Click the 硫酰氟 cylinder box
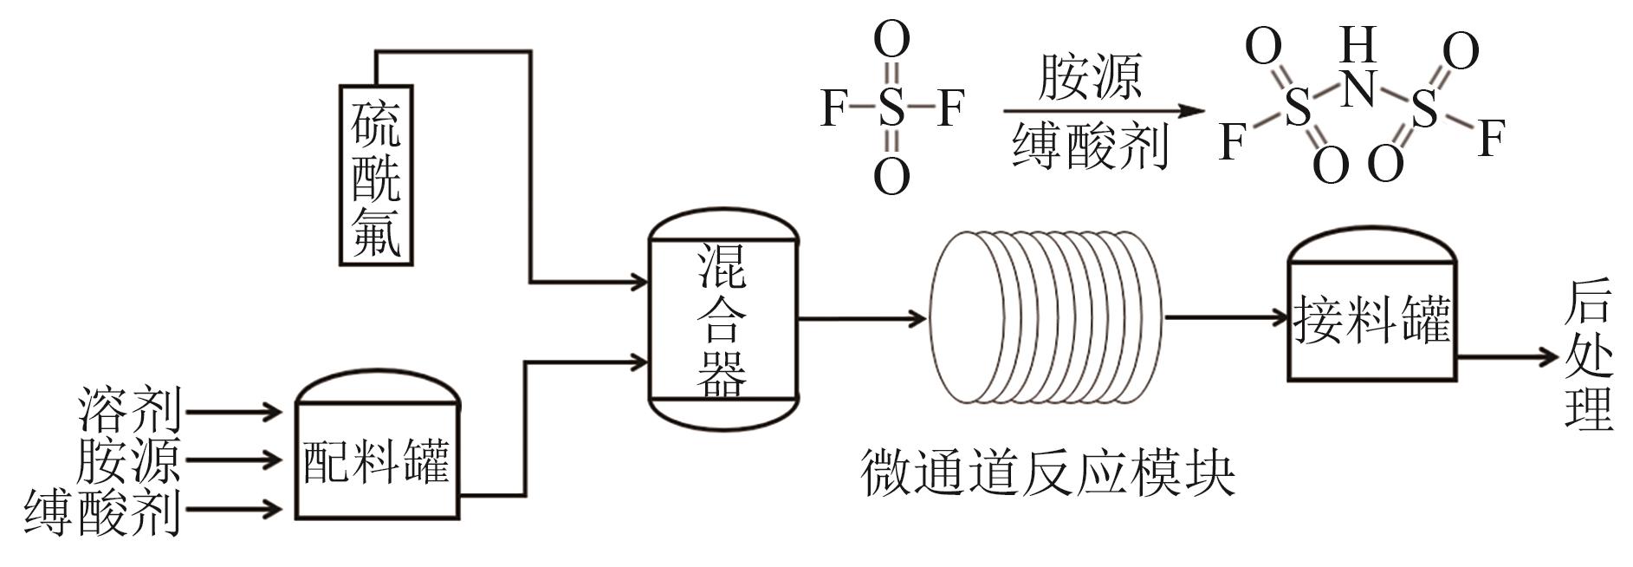pyautogui.click(x=376, y=173)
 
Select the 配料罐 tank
pyautogui.click(x=377, y=459)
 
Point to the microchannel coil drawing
pyautogui.click(x=1045, y=317)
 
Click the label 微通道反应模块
pyautogui.click(x=1047, y=473)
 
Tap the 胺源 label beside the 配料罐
pyautogui.click(x=128, y=459)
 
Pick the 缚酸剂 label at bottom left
pyautogui.click(x=102, y=512)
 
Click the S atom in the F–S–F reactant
pyautogui.click(x=891, y=109)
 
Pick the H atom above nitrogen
pyautogui.click(x=1358, y=43)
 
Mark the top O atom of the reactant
pyautogui.click(x=891, y=40)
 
